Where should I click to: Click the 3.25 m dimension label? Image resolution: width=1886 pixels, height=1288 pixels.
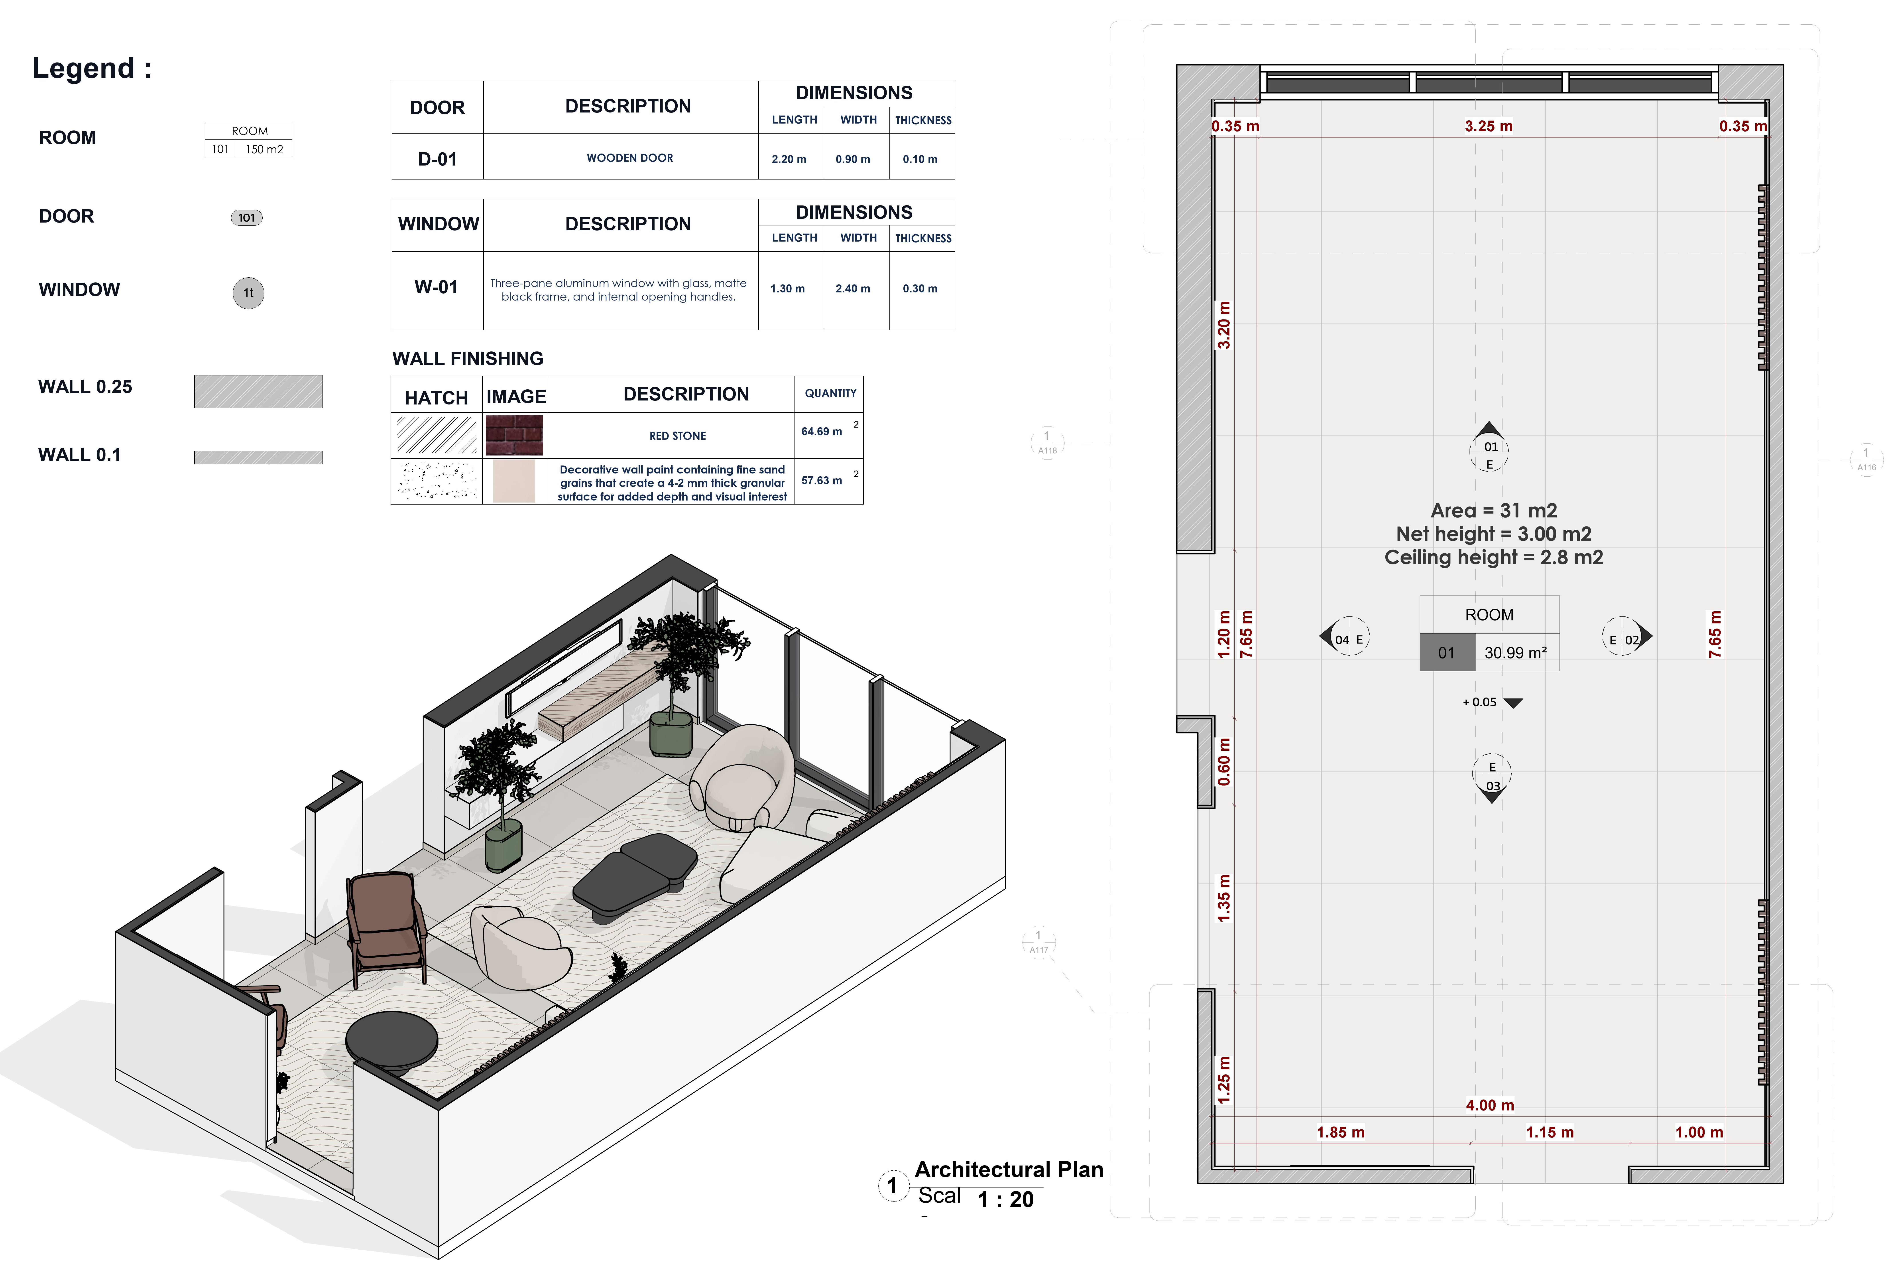click(1488, 126)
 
